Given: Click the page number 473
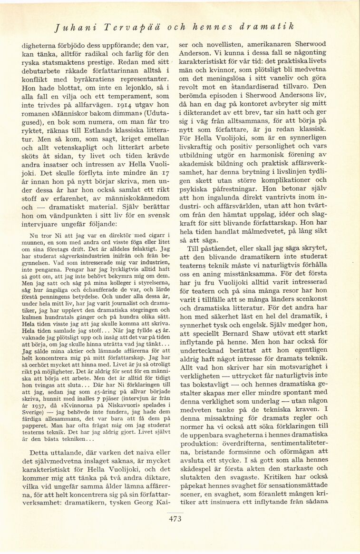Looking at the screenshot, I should (175, 519).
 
